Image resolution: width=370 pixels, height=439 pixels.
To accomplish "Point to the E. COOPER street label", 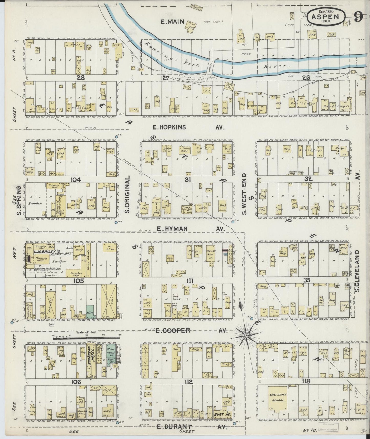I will (x=173, y=330).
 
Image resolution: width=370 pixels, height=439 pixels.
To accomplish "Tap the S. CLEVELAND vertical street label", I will (x=358, y=271).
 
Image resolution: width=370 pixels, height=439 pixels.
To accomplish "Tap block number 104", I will (x=76, y=180).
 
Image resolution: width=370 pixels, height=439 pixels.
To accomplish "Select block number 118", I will (x=306, y=381).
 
